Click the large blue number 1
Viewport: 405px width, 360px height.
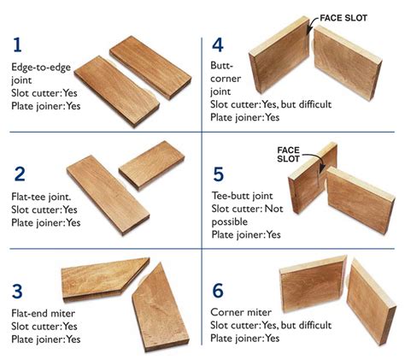(17, 45)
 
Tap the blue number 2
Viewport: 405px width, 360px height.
(20, 174)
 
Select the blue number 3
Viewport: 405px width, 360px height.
(17, 291)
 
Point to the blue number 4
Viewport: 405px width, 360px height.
(218, 44)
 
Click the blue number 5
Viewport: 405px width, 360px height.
(219, 174)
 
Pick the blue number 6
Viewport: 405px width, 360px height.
(218, 291)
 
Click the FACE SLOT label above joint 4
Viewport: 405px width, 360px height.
(343, 18)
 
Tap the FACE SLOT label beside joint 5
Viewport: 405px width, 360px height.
(288, 155)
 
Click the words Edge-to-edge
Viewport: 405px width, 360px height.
(41, 68)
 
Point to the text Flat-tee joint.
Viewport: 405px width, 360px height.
(41, 197)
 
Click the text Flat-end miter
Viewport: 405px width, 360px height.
(44, 313)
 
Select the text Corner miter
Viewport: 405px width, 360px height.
(241, 312)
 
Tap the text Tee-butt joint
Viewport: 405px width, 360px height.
(243, 196)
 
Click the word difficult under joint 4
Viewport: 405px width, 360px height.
(315, 104)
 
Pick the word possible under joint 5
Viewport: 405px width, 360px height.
(230, 222)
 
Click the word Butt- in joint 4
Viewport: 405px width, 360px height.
(222, 65)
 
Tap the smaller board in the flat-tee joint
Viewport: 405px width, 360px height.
(151, 165)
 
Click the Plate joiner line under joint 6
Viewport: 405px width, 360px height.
(245, 339)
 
